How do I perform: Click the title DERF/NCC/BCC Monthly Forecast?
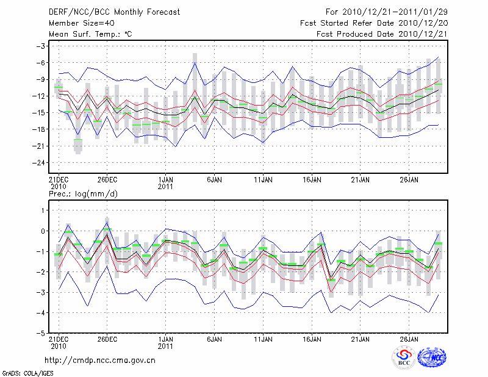[x=109, y=12]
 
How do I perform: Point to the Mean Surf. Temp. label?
[x=90, y=34]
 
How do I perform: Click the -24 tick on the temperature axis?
[x=39, y=163]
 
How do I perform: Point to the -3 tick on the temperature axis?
[x=41, y=46]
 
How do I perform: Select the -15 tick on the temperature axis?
[x=39, y=113]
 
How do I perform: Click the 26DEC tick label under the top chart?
[x=107, y=180]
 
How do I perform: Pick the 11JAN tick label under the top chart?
[x=263, y=180]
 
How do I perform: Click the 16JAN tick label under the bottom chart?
[x=312, y=339]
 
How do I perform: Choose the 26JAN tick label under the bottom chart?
[x=409, y=339]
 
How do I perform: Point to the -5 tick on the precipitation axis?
[x=41, y=334]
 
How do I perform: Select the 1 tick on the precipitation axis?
[x=43, y=210]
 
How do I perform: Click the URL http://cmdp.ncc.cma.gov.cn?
[x=100, y=361]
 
